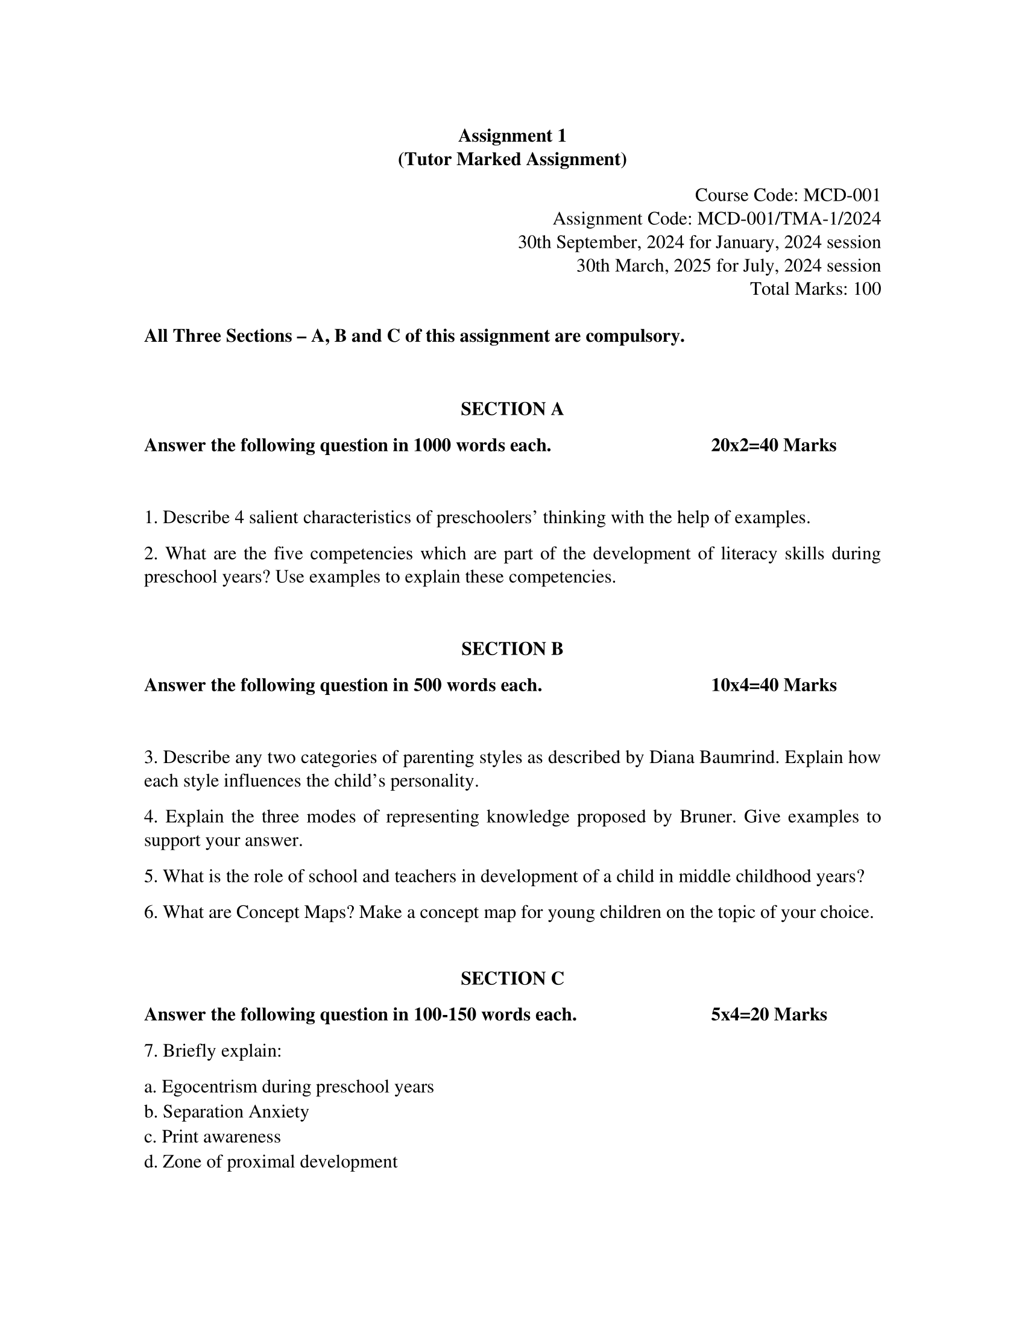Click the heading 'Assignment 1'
(512, 136)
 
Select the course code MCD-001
(842, 195)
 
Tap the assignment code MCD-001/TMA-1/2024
(789, 219)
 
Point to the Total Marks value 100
(867, 289)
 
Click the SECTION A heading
(512, 409)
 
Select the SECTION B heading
(512, 649)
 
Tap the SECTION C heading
(512, 979)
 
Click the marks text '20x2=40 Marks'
(774, 445)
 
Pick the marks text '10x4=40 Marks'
(774, 685)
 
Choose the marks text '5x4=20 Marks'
(769, 1015)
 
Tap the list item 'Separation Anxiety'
(236, 1111)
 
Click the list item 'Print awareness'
(221, 1137)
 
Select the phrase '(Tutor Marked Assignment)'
(512, 159)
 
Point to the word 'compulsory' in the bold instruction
(634, 336)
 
